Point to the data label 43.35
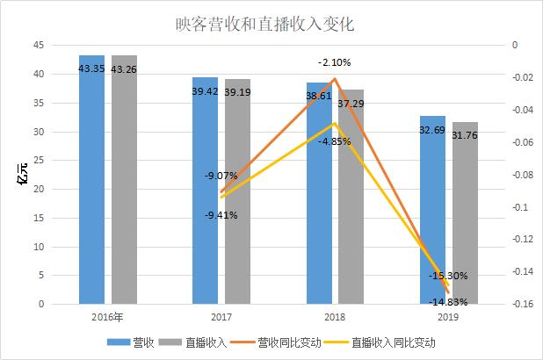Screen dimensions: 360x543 pos(91,68)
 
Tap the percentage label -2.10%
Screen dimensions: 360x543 pos(335,62)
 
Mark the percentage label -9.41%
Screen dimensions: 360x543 pos(221,214)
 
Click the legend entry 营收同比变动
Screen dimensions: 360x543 pos(291,342)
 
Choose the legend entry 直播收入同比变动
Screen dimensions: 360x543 pos(393,342)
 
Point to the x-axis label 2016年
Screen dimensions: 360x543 pos(107,317)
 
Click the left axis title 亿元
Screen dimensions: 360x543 pos(18,175)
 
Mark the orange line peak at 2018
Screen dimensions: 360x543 pos(335,78)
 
